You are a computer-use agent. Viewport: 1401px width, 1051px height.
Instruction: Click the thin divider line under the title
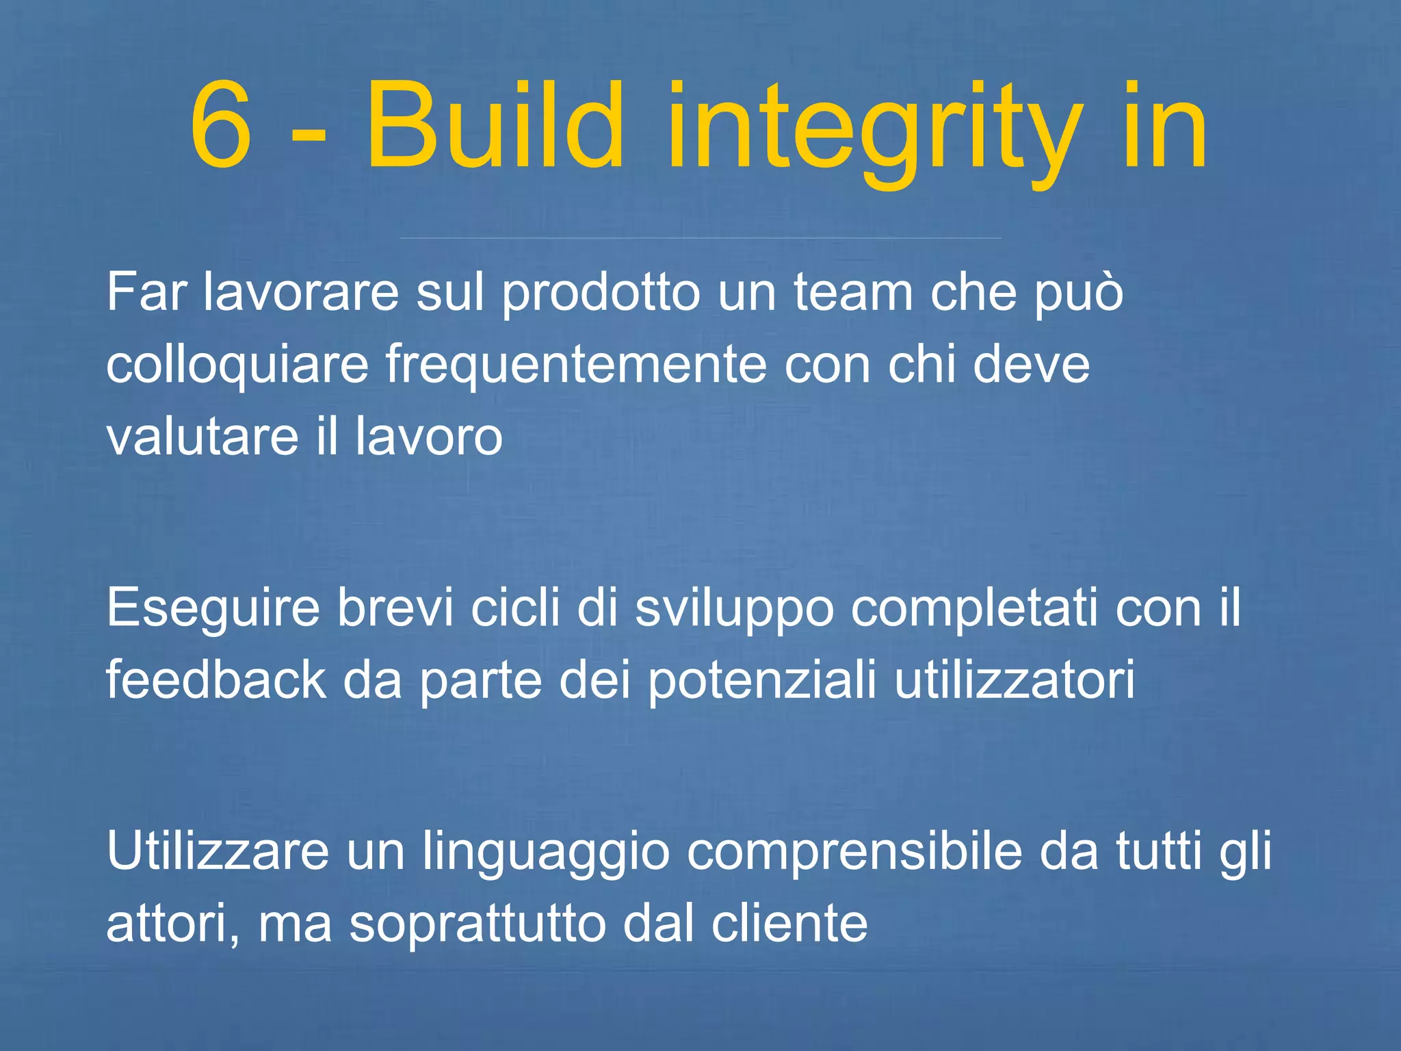700,238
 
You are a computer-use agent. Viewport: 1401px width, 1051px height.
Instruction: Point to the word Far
146,293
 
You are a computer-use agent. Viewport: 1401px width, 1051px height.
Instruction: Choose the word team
853,293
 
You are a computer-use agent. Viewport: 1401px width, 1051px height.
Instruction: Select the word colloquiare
237,365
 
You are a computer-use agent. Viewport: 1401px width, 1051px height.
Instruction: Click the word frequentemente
575,365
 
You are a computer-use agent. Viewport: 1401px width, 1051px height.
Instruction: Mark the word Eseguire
213,609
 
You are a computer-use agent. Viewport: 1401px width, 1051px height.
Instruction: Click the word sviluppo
734,609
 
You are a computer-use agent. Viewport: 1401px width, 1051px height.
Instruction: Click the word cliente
789,923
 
